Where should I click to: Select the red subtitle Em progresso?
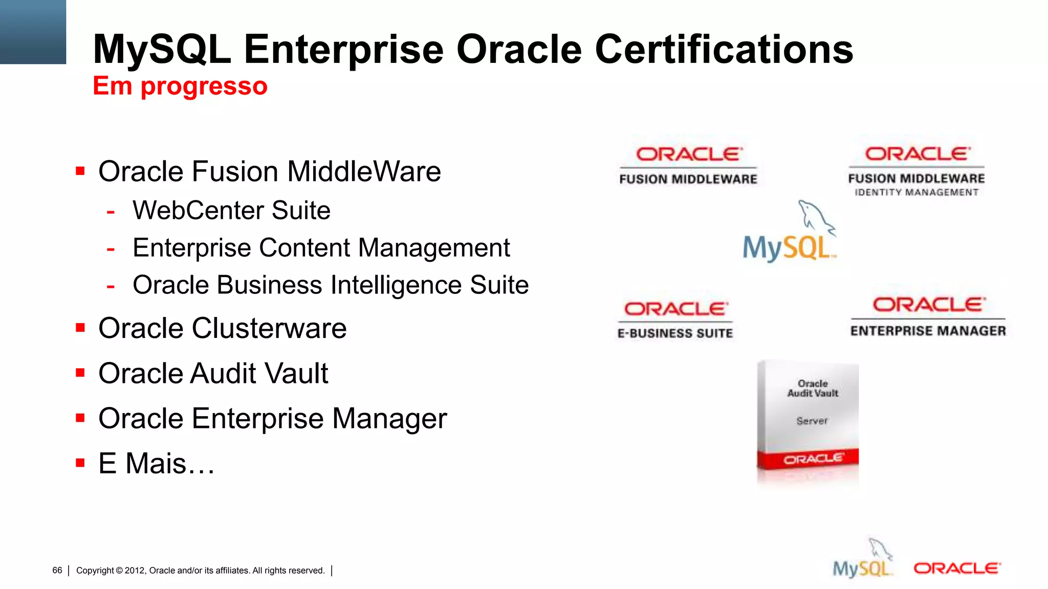point(180,86)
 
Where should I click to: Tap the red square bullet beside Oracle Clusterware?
point(80,327)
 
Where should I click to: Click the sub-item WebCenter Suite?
point(231,210)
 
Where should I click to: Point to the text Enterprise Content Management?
point(321,248)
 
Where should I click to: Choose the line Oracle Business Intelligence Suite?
point(331,285)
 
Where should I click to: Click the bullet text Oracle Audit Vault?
point(213,373)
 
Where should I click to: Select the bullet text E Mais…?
point(156,463)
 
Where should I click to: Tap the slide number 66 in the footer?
point(57,570)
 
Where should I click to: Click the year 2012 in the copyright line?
point(135,571)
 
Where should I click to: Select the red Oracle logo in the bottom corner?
point(956,568)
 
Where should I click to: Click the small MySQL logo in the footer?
point(863,561)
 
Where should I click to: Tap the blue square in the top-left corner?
point(33,32)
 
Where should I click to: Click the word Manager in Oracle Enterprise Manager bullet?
point(389,419)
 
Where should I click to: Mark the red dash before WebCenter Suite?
point(111,211)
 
